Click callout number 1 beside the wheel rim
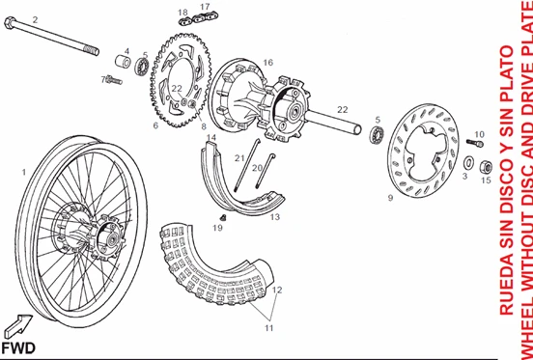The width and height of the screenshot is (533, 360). [x=24, y=171]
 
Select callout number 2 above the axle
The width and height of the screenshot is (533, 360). [x=35, y=19]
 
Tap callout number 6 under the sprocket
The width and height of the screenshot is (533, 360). [x=154, y=125]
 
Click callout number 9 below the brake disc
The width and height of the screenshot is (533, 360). [x=389, y=198]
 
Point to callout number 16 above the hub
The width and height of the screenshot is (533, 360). [x=267, y=63]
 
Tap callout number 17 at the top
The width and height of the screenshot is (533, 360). [x=205, y=7]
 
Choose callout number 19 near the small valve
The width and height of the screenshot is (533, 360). [x=217, y=229]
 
